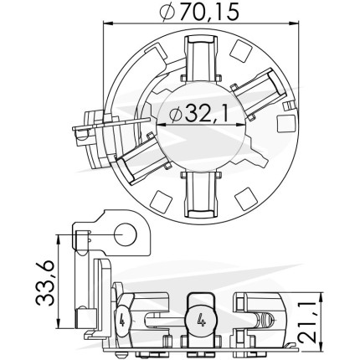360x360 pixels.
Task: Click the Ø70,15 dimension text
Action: click(x=199, y=13)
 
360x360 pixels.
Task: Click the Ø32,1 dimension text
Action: click(x=199, y=113)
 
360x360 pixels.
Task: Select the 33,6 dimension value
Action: click(x=45, y=283)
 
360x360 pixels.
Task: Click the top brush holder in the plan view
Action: click(x=201, y=59)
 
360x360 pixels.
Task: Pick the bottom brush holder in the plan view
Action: click(x=201, y=195)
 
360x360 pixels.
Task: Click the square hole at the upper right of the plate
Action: click(x=239, y=50)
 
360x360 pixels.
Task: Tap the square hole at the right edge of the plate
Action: click(x=286, y=124)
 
